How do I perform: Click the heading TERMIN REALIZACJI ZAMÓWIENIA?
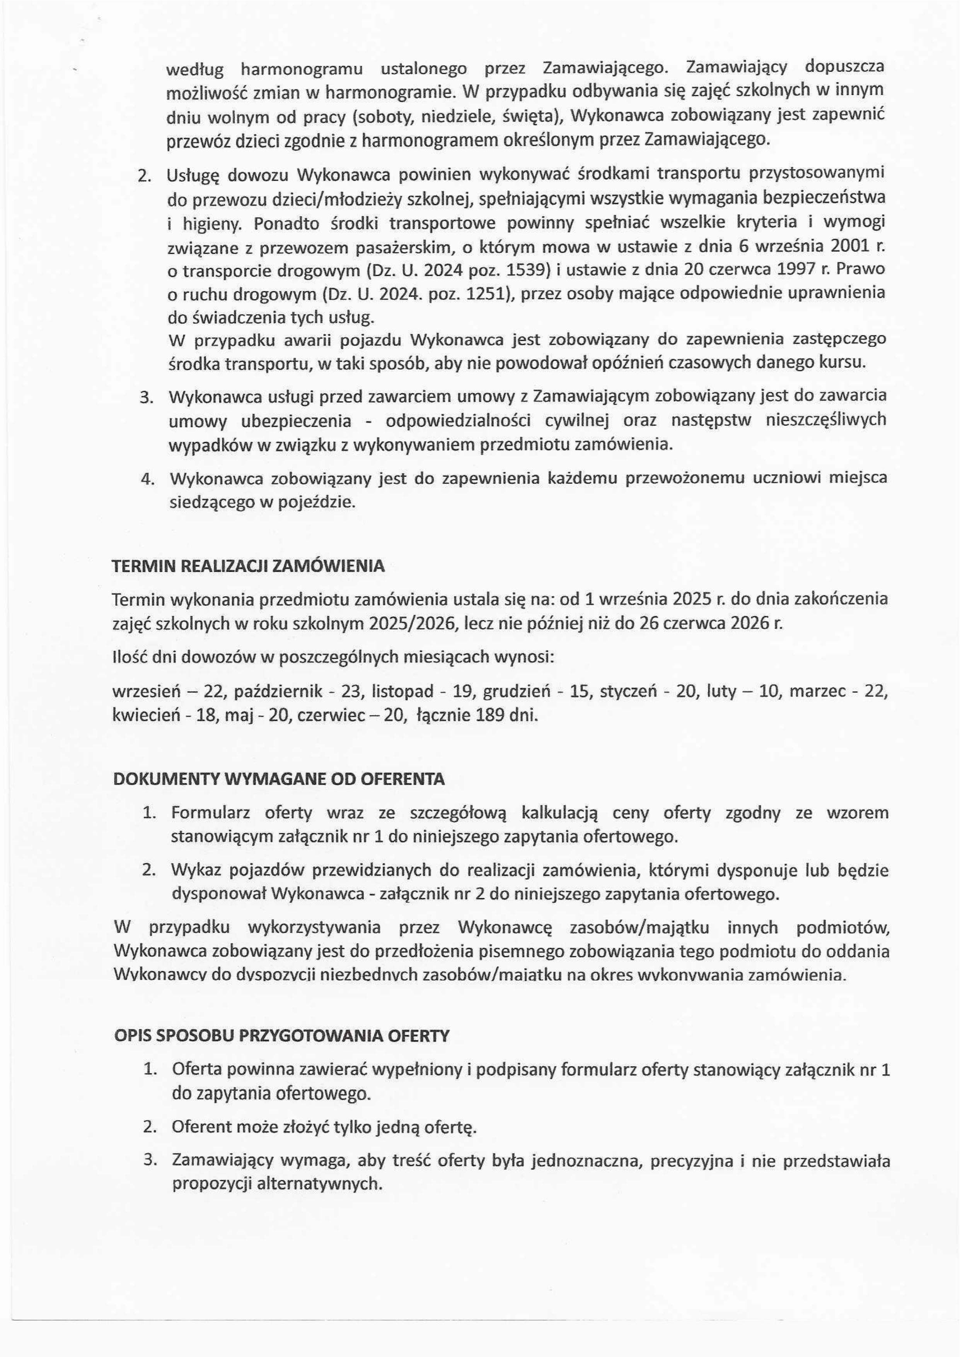pos(248,566)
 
